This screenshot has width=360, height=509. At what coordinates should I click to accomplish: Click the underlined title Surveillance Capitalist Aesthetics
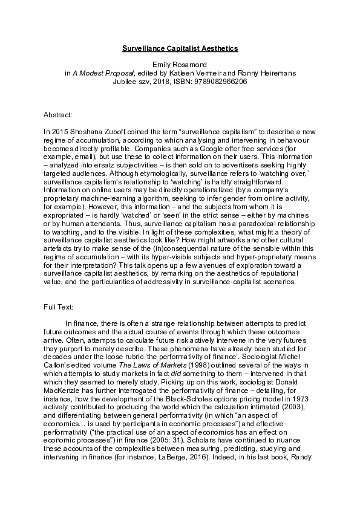180,47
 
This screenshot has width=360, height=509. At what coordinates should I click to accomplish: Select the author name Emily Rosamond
180,65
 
